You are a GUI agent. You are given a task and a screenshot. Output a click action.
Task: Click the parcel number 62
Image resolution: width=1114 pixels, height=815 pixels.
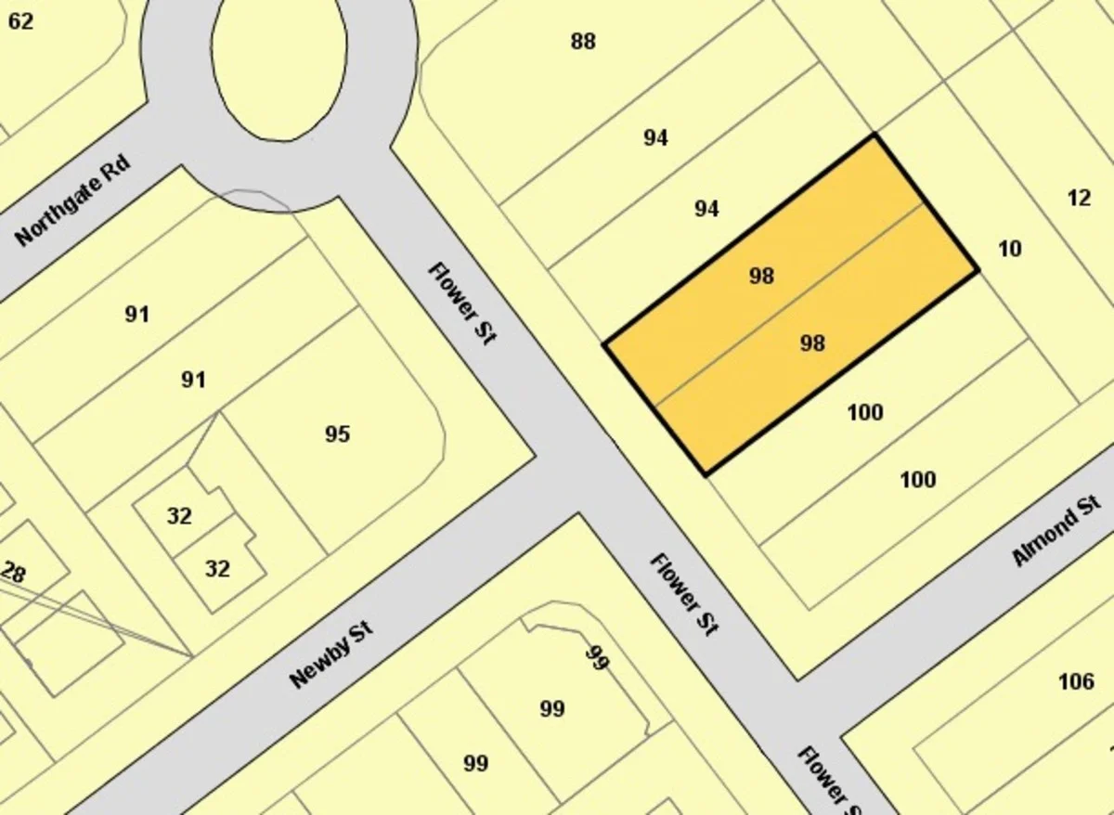(20, 20)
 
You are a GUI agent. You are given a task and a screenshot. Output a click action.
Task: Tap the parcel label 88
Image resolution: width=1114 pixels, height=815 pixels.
(583, 42)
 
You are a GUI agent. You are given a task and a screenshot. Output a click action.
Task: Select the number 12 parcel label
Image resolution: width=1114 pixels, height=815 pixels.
(1079, 198)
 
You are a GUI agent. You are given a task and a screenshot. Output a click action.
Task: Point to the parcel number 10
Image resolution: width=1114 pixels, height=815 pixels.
(1009, 249)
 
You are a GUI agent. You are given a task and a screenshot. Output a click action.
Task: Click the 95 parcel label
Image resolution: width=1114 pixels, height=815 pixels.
(337, 434)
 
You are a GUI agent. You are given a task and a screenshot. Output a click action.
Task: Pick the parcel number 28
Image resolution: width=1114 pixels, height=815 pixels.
(13, 573)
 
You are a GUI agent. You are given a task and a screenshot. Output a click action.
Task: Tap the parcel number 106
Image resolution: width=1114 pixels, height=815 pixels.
(1075, 682)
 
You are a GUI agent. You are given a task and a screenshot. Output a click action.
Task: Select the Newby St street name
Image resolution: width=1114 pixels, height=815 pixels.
(330, 656)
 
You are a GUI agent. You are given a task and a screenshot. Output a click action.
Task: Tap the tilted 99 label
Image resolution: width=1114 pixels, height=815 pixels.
(597, 659)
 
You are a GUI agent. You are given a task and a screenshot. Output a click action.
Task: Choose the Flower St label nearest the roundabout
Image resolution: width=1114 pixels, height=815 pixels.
(462, 303)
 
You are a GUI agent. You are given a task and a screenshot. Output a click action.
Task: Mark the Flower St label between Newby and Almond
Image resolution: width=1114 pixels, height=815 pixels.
(684, 594)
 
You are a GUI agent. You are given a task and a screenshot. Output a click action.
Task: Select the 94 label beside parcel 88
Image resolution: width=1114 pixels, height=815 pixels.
(655, 138)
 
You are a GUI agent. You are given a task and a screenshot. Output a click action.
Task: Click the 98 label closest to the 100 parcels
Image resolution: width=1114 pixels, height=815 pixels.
(812, 343)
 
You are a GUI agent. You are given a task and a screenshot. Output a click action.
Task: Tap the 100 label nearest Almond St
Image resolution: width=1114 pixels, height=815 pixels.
(917, 480)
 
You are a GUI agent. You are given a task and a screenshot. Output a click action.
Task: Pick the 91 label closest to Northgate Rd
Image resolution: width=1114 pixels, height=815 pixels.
(136, 315)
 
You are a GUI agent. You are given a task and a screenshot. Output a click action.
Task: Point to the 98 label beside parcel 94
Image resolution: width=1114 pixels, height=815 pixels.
(761, 276)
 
